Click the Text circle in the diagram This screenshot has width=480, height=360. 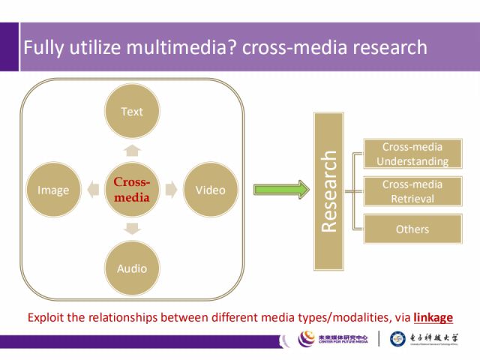click(131, 112)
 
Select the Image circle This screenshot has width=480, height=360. click(53, 190)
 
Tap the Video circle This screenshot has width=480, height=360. click(210, 190)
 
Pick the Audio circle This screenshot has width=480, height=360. click(131, 268)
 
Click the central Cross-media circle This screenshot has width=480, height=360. click(131, 190)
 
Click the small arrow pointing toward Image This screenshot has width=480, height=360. click(91, 190)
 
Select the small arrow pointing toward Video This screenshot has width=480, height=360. click(171, 190)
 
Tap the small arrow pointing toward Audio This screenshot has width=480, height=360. click(131, 229)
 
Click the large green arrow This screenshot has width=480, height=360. click(281, 190)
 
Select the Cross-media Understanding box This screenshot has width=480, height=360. click(412, 154)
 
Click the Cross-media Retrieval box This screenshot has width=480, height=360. click(412, 191)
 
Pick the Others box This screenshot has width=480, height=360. click(412, 229)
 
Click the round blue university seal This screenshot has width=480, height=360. click(398, 339)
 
